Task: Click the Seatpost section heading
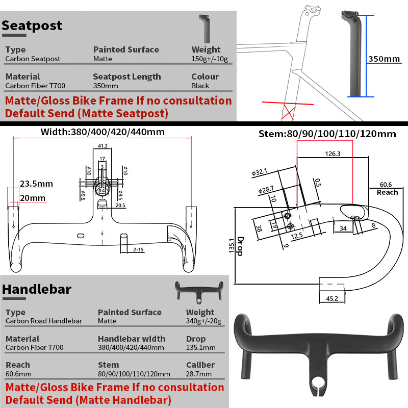coord(32,25)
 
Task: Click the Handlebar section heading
coord(37,289)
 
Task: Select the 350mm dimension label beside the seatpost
coord(384,59)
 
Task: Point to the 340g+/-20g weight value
coord(200,321)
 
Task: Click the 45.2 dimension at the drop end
coord(333,298)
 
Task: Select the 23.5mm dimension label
coord(36,184)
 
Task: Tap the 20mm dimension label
coord(33,198)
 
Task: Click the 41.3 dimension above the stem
coord(102,146)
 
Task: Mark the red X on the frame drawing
coord(290,111)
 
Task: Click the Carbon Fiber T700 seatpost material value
coord(35,86)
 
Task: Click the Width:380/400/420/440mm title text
coord(103,132)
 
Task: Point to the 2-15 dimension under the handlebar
coord(138,250)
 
